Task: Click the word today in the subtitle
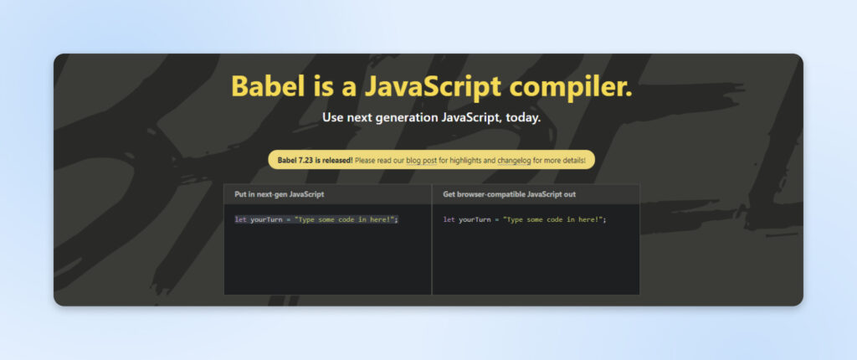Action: click(x=523, y=118)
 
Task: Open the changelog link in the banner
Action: click(x=497, y=160)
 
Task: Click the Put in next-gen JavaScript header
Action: click(x=280, y=194)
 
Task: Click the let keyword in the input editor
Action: click(x=240, y=219)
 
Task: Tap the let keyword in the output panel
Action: click(x=449, y=219)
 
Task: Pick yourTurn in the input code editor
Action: click(x=265, y=219)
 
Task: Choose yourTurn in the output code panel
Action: click(x=475, y=219)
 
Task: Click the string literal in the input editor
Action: click(x=346, y=219)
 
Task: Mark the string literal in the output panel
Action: click(x=553, y=219)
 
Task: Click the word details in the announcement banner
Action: click(x=572, y=160)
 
